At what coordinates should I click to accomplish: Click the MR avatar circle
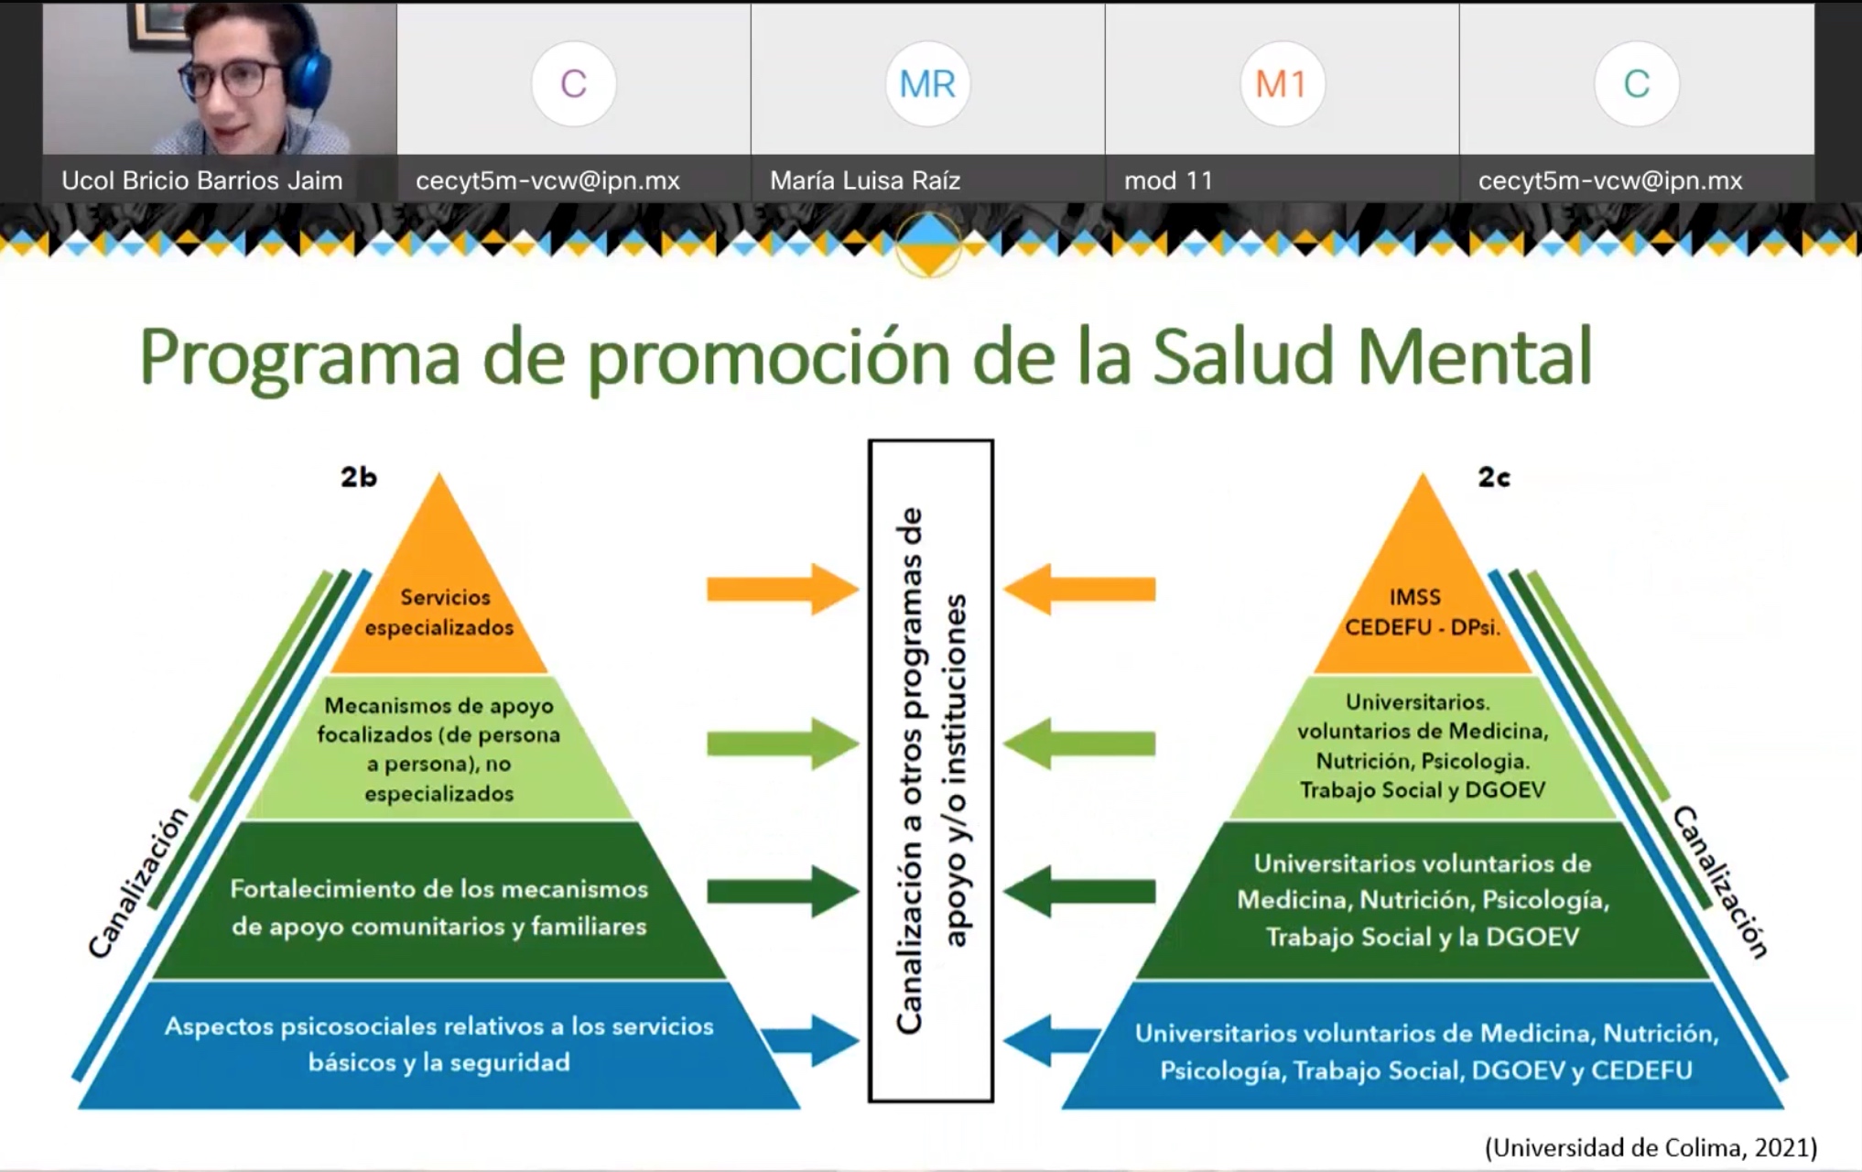(x=927, y=84)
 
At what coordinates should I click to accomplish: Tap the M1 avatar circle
(x=1282, y=84)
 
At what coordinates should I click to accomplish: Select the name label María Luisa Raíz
(x=865, y=180)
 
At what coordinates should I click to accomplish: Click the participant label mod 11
(x=1168, y=180)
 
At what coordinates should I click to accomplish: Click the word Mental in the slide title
(x=1475, y=356)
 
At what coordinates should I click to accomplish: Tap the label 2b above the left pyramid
(x=359, y=476)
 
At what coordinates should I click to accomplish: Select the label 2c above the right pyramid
(x=1494, y=476)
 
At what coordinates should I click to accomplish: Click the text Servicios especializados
(x=440, y=612)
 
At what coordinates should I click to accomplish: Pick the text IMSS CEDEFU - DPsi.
(x=1422, y=612)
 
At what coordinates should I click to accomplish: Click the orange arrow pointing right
(x=784, y=589)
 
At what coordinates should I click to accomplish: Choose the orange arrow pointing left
(x=1079, y=589)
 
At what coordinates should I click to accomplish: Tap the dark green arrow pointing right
(x=784, y=890)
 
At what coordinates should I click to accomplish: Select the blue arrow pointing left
(x=1053, y=1040)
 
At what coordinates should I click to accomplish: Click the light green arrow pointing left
(x=1079, y=743)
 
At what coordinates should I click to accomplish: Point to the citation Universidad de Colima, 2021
(x=1651, y=1147)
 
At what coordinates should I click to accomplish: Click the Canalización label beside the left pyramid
(x=138, y=882)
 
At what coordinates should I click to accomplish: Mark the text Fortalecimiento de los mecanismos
(x=439, y=889)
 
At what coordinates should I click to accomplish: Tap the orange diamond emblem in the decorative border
(x=929, y=244)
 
